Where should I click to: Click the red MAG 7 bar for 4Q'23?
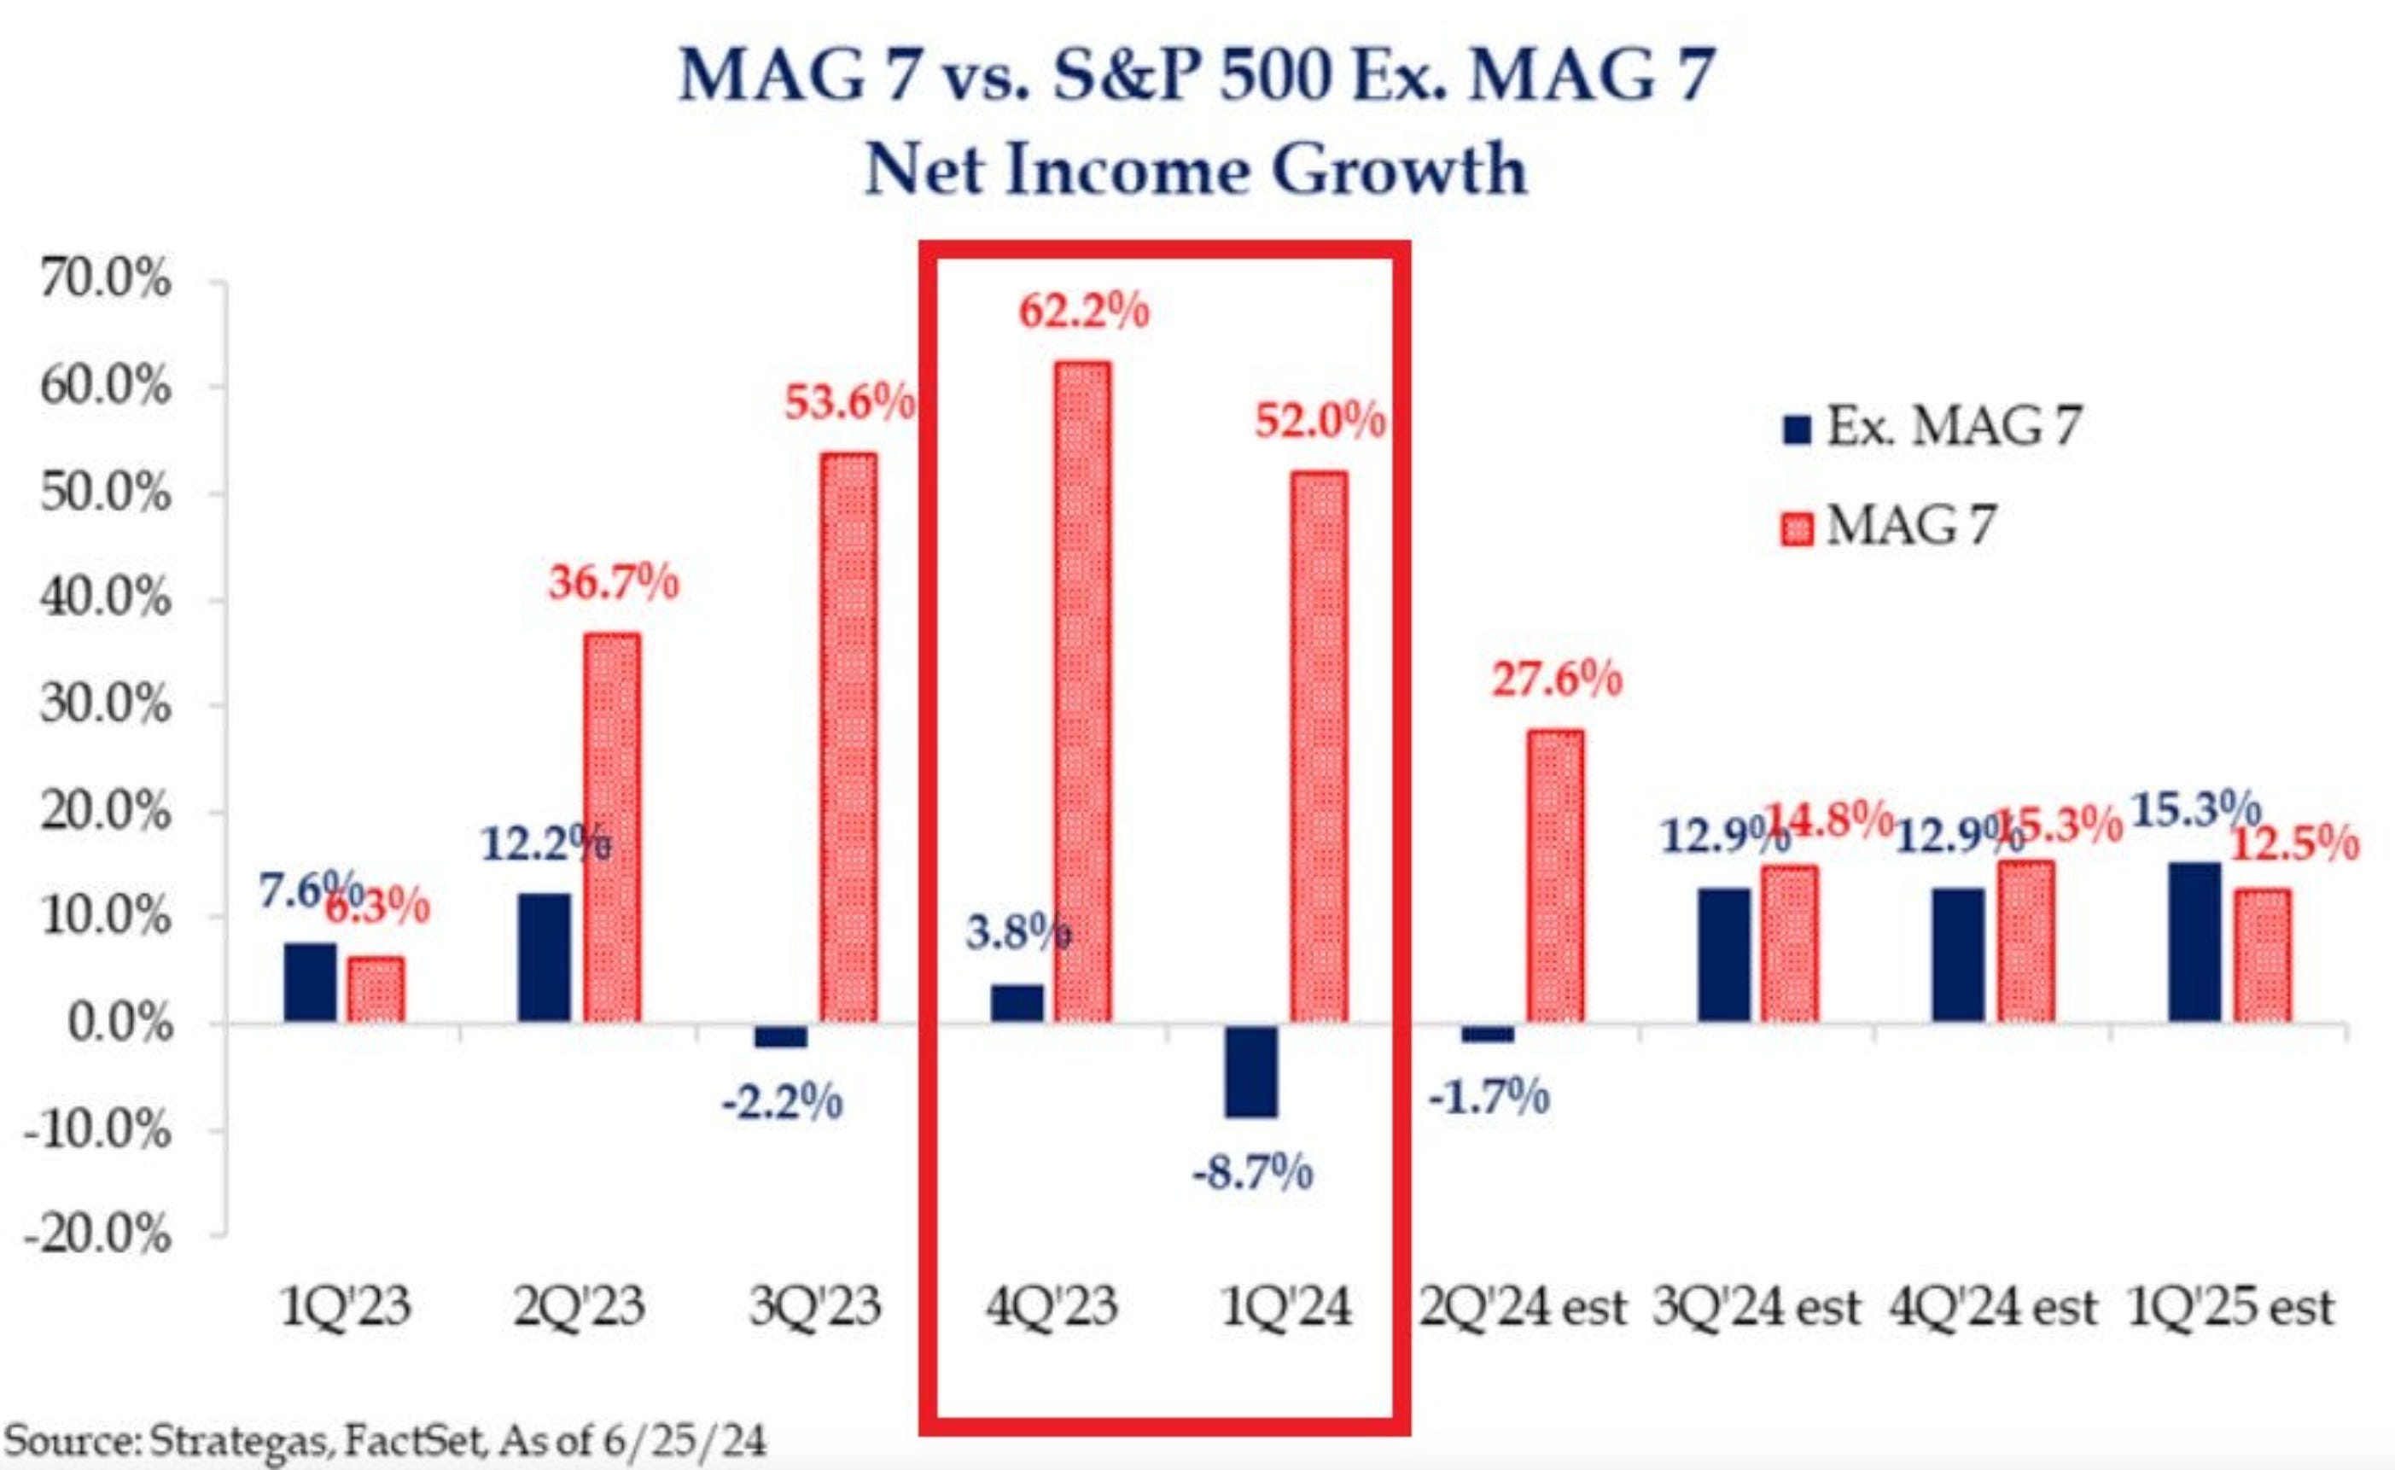pos(1083,691)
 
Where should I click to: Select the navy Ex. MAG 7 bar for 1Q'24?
pos(1251,1070)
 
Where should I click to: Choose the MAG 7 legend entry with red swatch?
pos(1890,527)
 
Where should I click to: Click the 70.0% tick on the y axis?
pos(105,281)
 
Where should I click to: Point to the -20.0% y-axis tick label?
pos(97,1236)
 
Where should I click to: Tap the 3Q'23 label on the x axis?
pos(814,1307)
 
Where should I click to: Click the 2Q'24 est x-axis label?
pos(1522,1307)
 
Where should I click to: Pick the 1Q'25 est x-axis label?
pos(2229,1307)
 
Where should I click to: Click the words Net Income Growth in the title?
pos(1196,170)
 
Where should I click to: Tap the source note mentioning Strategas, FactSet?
pos(385,1440)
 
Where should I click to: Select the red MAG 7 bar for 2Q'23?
pos(612,827)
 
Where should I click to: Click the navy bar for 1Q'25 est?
pos(2194,941)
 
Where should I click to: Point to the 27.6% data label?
pos(1556,679)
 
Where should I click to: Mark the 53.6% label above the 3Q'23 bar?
pos(848,401)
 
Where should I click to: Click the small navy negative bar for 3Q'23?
pos(780,1035)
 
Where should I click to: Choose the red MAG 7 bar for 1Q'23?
pos(376,989)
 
